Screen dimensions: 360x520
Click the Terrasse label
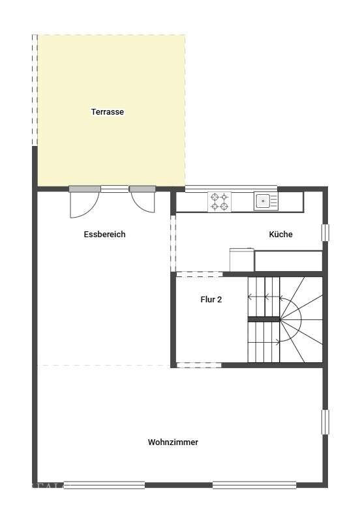click(x=108, y=112)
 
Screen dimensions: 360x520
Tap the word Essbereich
click(x=104, y=234)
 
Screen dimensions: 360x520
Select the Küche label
click(x=280, y=234)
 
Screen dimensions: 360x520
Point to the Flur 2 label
click(x=211, y=300)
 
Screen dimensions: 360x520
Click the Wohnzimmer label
click(x=173, y=442)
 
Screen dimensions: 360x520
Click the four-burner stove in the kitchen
click(x=219, y=201)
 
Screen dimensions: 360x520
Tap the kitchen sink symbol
click(x=266, y=201)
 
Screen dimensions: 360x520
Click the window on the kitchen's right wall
click(x=325, y=233)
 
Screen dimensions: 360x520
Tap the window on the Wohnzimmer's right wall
click(x=325, y=422)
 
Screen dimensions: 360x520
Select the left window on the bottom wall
click(x=104, y=485)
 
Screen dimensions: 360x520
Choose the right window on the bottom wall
click(x=254, y=485)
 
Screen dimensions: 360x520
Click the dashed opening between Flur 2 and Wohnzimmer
click(x=199, y=365)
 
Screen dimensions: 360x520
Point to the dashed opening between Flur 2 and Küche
click(x=199, y=274)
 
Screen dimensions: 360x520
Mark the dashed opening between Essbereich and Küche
click(x=173, y=244)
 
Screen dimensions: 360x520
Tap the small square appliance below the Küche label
click(x=242, y=259)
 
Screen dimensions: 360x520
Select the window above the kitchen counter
click(x=231, y=189)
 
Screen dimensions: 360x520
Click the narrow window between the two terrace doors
click(x=115, y=189)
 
